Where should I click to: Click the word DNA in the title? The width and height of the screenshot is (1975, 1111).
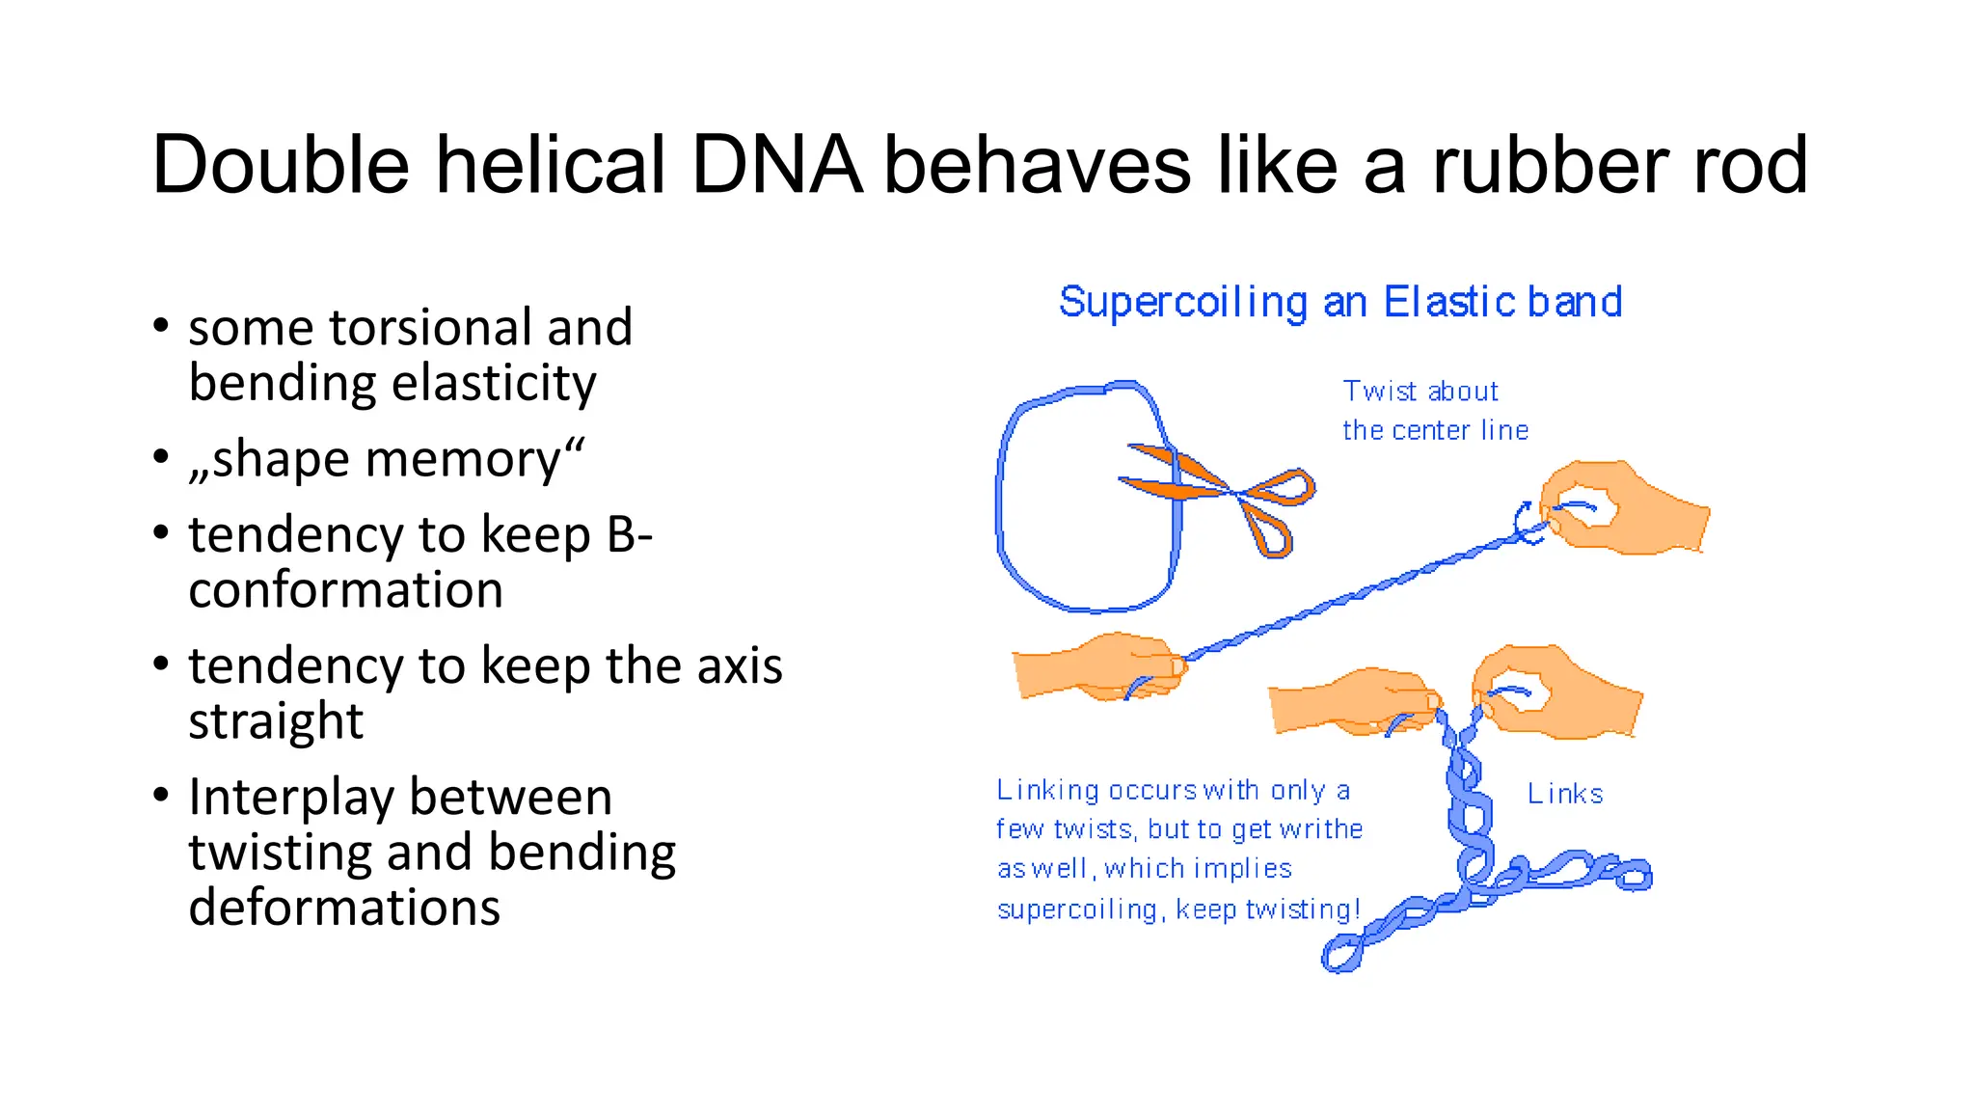tap(776, 166)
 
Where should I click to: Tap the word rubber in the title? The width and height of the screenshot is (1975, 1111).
tap(1552, 166)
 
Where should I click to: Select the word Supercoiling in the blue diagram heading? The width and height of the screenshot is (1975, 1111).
tap(1183, 303)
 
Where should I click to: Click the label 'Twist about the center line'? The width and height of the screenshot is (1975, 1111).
tap(1434, 411)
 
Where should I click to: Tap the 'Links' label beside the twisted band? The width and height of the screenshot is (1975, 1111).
tap(1564, 795)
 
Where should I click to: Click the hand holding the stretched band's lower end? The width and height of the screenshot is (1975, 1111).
tap(1099, 665)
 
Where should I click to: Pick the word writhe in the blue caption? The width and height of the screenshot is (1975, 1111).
tap(1320, 830)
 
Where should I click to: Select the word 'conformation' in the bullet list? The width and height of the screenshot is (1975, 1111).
tap(345, 590)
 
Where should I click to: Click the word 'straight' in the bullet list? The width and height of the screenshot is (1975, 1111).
tap(276, 721)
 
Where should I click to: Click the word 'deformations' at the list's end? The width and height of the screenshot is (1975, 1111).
tap(344, 908)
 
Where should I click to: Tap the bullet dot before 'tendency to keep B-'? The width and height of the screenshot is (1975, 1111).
tap(161, 532)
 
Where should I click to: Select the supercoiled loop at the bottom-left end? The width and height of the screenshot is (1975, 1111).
tap(1341, 956)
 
